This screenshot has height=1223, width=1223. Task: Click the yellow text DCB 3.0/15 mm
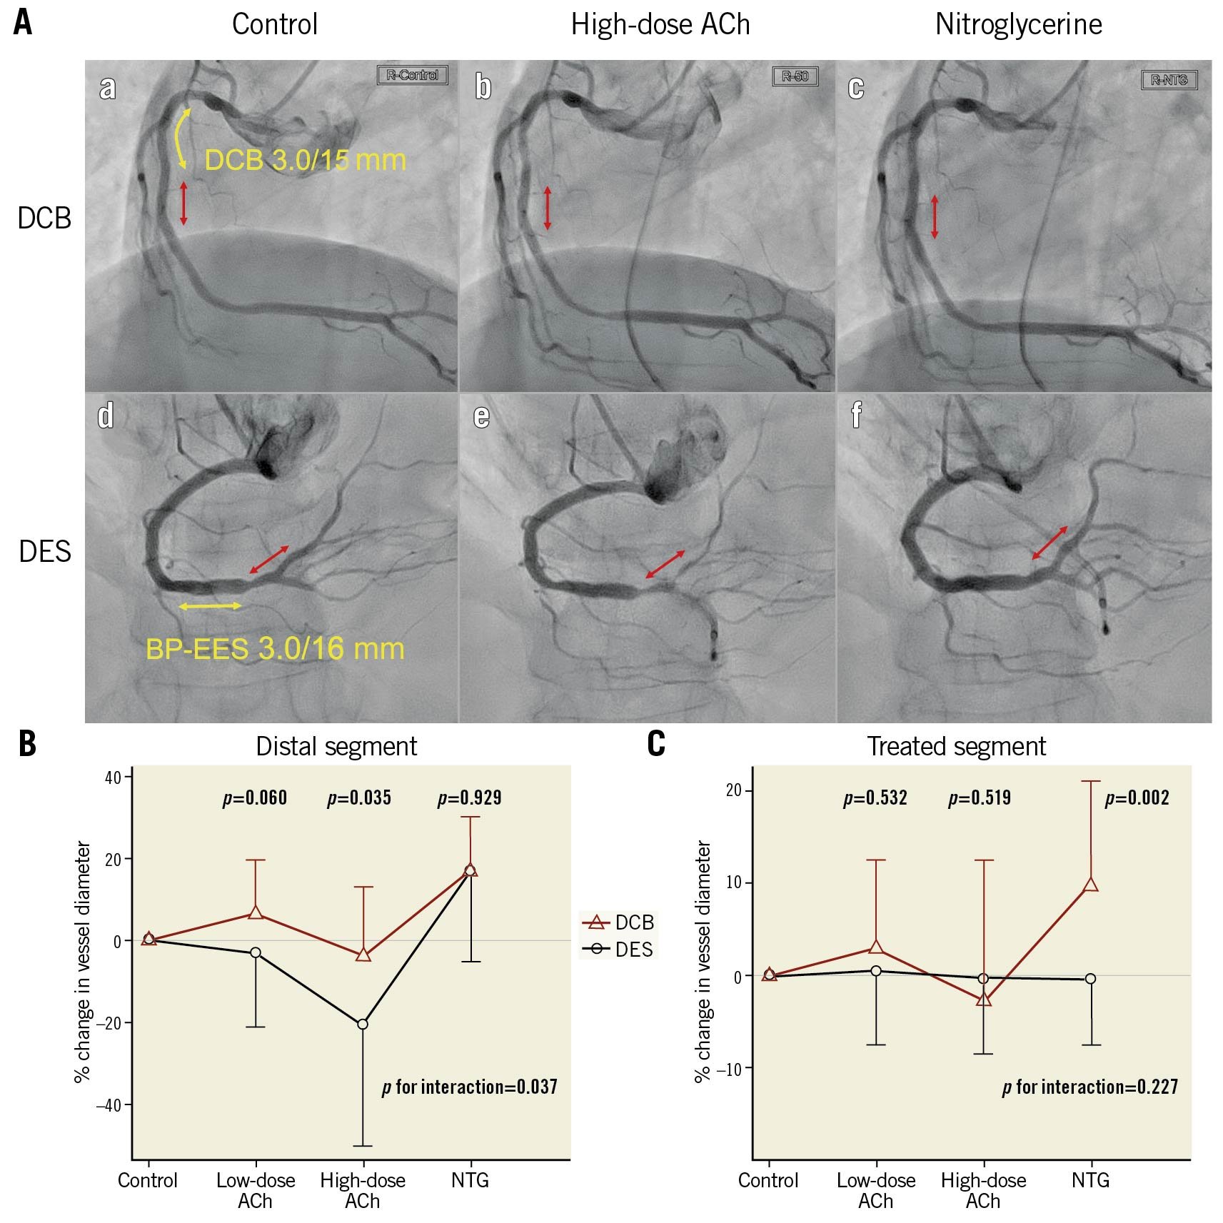[305, 160]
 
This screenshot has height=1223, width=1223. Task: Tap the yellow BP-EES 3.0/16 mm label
[275, 649]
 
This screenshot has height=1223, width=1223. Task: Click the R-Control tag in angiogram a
[412, 75]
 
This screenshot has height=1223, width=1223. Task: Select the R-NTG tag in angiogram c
[1169, 80]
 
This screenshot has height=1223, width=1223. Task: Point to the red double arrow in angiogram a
[183, 203]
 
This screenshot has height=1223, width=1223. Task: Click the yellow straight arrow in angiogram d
[210, 606]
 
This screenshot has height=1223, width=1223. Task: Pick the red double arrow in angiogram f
[1050, 543]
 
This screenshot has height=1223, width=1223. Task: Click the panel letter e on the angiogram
[482, 416]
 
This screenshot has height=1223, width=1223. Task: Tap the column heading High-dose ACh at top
[660, 25]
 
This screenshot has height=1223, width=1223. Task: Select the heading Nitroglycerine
[1018, 25]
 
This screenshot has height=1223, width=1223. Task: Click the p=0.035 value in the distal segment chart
[359, 797]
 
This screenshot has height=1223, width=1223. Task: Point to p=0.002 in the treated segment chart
[1137, 797]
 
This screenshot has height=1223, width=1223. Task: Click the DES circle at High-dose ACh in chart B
[363, 1025]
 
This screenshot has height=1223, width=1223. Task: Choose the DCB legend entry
[618, 922]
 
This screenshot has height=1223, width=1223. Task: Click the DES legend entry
[618, 950]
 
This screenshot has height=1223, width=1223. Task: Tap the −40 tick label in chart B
[109, 1106]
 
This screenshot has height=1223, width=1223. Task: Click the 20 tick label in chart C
[734, 791]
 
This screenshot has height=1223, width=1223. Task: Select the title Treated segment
[956, 747]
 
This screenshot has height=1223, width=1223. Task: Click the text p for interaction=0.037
[469, 1087]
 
